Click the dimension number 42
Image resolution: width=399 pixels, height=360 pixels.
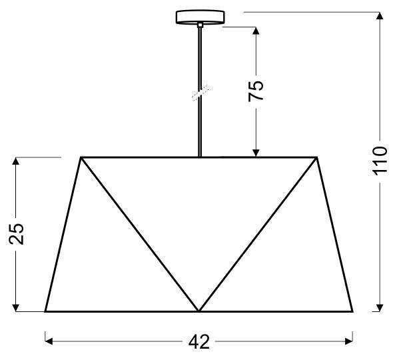[x=199, y=342]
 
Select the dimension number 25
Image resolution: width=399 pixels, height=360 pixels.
[x=16, y=234]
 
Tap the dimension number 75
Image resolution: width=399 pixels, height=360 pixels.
[x=256, y=91]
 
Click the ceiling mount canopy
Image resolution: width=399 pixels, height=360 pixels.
[x=200, y=17]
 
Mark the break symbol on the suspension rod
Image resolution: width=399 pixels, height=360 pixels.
[x=200, y=93]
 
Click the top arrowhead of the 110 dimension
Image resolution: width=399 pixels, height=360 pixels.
[x=380, y=15]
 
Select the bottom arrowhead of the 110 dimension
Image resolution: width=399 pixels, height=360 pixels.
[x=380, y=308]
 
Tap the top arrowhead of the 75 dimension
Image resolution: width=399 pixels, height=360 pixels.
[x=256, y=31]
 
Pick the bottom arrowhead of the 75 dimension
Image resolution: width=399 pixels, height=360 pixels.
[x=256, y=153]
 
